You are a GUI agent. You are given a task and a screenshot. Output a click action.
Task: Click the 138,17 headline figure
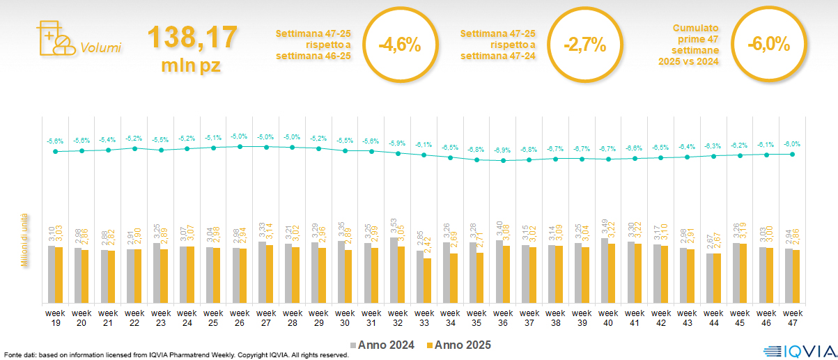192,38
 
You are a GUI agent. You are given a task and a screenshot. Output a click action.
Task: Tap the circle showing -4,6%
399,45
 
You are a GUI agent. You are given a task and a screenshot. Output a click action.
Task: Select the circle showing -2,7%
584,45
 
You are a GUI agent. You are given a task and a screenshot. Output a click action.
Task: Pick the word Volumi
101,48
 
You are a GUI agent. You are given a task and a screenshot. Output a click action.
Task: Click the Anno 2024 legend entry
384,345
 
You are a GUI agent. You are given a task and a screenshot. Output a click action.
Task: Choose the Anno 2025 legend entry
460,345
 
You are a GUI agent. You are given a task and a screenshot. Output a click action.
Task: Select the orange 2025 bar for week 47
796,276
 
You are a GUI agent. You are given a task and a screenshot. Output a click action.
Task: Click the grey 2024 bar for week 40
605,271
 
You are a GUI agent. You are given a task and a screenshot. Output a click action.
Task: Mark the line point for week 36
503,161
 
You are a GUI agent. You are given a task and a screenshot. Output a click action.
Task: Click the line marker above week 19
55,151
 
